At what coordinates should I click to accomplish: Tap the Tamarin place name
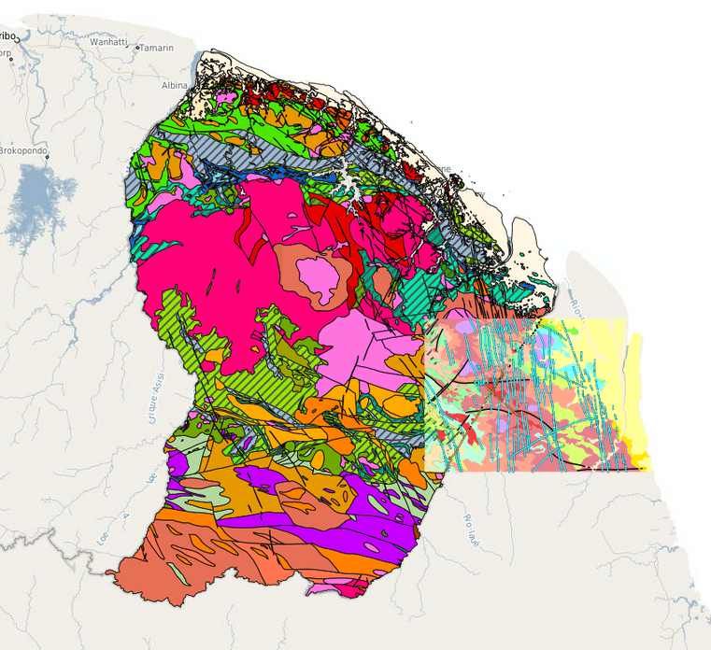[x=158, y=47]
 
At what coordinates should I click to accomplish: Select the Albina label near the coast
[x=175, y=85]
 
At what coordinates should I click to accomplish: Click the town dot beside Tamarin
[x=137, y=47]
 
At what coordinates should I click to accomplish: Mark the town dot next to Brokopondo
[x=46, y=155]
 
